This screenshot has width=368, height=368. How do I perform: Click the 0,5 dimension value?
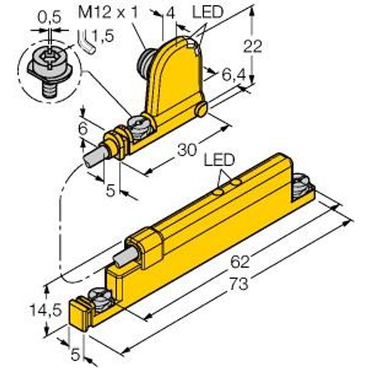click(x=49, y=18)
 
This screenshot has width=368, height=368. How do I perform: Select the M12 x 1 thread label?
click(x=108, y=12)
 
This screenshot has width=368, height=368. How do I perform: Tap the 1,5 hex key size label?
click(x=102, y=36)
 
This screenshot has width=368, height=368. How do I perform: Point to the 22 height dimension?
click(x=252, y=46)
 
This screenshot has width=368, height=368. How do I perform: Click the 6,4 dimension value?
click(x=234, y=75)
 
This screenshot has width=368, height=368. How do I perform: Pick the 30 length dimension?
click(x=187, y=150)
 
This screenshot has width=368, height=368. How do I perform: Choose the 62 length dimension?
click(x=240, y=262)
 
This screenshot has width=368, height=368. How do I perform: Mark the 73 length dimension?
click(x=239, y=283)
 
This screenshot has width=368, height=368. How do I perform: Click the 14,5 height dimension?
click(x=46, y=310)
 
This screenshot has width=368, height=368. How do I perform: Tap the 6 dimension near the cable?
click(x=83, y=129)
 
